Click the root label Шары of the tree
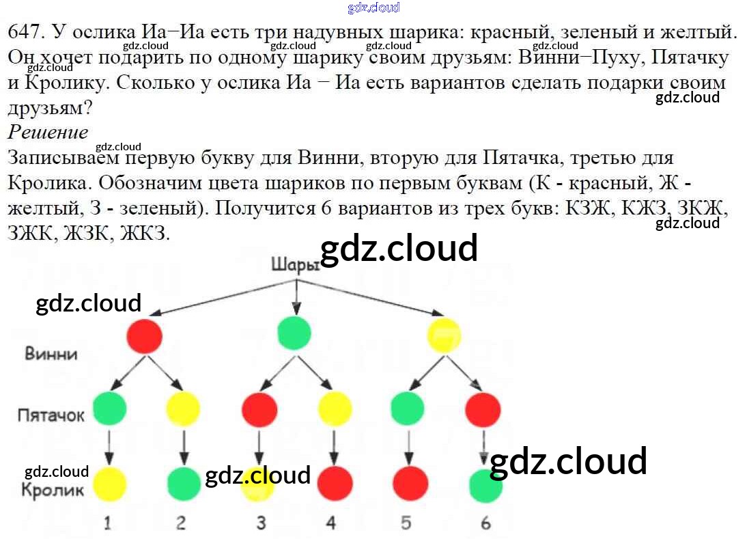(x=294, y=264)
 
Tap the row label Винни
(x=51, y=354)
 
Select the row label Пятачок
(x=51, y=415)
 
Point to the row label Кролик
(x=53, y=489)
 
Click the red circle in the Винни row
(x=145, y=335)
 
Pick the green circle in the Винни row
(x=295, y=334)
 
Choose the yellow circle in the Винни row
(x=445, y=335)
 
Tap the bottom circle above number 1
(x=109, y=484)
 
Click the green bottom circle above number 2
(x=184, y=484)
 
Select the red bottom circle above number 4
(x=335, y=484)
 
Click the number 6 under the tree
(x=485, y=523)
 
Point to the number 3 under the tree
(x=261, y=523)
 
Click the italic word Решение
(x=48, y=132)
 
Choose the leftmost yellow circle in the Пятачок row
(x=183, y=409)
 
